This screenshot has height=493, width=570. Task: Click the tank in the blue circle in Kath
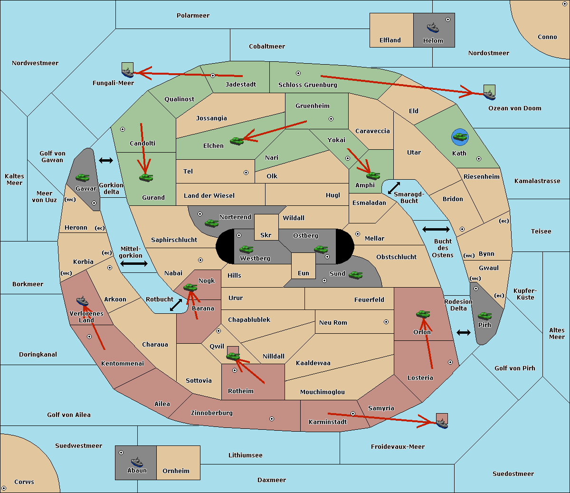click(460, 137)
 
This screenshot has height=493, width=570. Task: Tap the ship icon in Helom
click(433, 28)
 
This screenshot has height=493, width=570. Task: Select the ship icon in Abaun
click(137, 462)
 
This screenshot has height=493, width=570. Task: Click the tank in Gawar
click(83, 177)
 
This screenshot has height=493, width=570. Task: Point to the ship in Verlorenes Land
click(82, 301)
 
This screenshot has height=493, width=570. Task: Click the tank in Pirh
click(484, 316)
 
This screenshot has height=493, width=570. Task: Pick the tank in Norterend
click(211, 223)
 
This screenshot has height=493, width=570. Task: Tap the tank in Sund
click(355, 275)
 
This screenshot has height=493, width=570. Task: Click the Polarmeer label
click(193, 16)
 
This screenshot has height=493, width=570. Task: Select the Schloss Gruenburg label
click(308, 85)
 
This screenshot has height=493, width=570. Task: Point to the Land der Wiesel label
click(209, 195)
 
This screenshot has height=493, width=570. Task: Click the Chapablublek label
click(249, 319)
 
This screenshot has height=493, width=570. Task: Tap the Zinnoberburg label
click(212, 413)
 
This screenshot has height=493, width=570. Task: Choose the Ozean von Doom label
click(515, 108)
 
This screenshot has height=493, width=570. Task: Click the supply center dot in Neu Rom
click(386, 322)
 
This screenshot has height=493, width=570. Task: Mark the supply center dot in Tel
click(246, 173)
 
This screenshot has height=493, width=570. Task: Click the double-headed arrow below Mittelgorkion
click(134, 263)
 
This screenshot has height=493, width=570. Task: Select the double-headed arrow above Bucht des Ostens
click(436, 229)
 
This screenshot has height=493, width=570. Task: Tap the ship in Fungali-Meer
click(127, 73)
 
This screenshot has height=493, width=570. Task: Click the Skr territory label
click(266, 235)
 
